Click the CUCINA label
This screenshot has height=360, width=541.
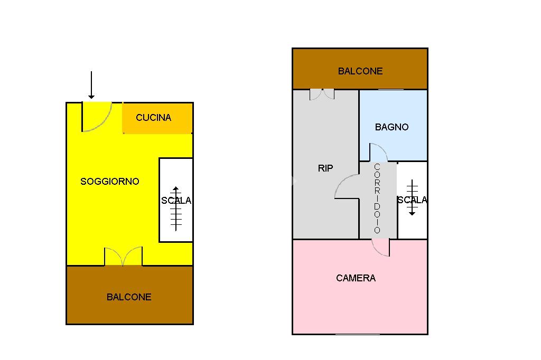(x=154, y=118)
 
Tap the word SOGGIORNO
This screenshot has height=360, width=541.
(x=110, y=182)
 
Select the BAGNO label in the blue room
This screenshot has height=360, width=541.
(x=391, y=127)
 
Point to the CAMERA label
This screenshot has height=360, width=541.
(x=356, y=278)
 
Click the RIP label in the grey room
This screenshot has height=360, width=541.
(x=325, y=168)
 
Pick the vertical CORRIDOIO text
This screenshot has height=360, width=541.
(x=377, y=198)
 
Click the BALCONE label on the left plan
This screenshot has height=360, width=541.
(x=129, y=297)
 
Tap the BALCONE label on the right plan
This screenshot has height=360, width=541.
(x=360, y=71)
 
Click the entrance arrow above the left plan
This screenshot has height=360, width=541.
(x=91, y=85)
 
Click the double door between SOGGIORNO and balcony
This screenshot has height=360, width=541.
(x=123, y=257)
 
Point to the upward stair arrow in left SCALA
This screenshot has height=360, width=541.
(x=176, y=209)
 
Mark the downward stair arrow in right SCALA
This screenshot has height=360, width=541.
(x=412, y=197)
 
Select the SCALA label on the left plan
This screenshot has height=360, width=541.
(x=176, y=201)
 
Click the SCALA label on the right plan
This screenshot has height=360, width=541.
(x=412, y=200)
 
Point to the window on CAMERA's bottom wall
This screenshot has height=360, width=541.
(x=358, y=334)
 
